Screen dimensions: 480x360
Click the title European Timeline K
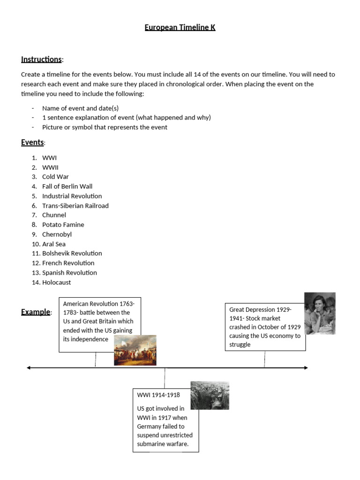(x=180, y=28)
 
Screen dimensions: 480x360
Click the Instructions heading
(x=41, y=59)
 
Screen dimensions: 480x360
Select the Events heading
(x=32, y=142)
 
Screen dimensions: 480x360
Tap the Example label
(x=36, y=312)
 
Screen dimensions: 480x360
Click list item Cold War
(x=55, y=177)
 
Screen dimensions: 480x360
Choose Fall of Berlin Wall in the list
(x=67, y=187)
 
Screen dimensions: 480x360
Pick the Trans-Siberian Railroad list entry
(x=75, y=206)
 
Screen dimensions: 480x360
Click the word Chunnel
(x=54, y=215)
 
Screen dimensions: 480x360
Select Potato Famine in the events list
(x=63, y=225)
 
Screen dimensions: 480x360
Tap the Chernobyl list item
(x=57, y=234)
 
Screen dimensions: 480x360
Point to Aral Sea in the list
(x=54, y=244)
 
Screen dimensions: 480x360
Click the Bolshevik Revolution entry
(x=72, y=254)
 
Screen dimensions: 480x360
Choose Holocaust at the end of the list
(x=56, y=282)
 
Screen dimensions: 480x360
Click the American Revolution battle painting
(x=135, y=350)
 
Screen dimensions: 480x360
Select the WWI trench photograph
(x=210, y=396)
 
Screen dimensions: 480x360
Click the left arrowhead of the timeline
(x=29, y=368)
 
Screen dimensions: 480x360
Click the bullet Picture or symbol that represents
(x=105, y=127)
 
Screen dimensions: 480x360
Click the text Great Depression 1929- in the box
(x=260, y=309)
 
